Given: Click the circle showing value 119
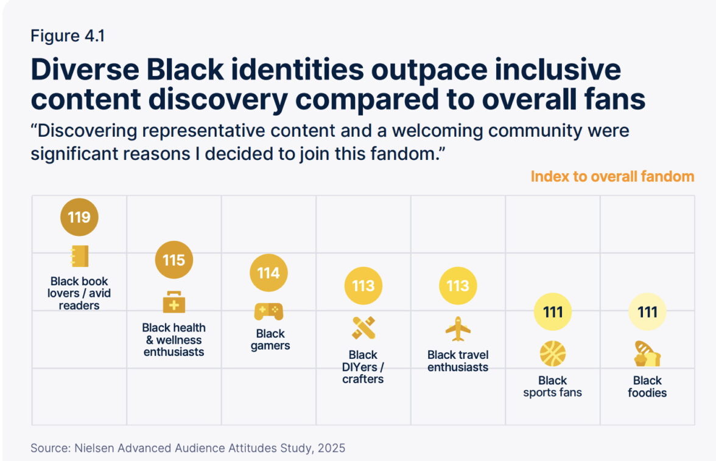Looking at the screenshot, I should (x=79, y=217).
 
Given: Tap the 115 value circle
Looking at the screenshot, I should (x=174, y=260).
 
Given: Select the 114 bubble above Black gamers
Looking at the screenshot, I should (x=268, y=273).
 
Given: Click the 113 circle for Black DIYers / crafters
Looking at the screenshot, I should (x=363, y=285).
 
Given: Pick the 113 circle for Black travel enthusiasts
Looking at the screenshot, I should (x=458, y=285).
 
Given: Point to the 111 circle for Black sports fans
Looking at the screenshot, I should (x=553, y=312).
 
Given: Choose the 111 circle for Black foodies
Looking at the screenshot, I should (x=647, y=312).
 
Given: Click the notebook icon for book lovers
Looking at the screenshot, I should (x=79, y=256).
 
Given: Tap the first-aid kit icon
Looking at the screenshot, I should (x=174, y=302).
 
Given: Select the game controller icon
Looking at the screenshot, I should (x=268, y=311).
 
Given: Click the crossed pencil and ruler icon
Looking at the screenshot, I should (x=363, y=328).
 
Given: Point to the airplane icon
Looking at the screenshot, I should (x=458, y=329).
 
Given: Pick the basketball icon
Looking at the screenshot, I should (x=553, y=354).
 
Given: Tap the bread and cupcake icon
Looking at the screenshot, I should (x=647, y=354).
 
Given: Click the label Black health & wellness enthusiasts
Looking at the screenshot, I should (x=174, y=340).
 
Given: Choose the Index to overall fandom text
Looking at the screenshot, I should (x=612, y=176).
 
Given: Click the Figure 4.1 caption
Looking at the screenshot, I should (x=68, y=36).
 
